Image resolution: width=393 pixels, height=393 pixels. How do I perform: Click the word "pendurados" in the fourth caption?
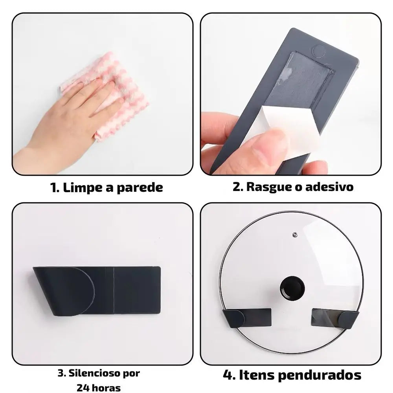[x=320, y=376]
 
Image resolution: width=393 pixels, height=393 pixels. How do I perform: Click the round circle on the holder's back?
[x=319, y=51]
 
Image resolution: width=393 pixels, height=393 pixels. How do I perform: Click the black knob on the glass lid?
[x=292, y=288]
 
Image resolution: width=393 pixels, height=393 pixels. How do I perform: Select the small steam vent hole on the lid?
[x=295, y=235]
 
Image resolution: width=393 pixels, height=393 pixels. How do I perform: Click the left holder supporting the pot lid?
[x=247, y=318]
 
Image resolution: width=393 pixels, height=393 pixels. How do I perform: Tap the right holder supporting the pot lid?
[x=335, y=318]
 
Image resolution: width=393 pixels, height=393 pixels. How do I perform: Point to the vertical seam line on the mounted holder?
[x=114, y=290]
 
